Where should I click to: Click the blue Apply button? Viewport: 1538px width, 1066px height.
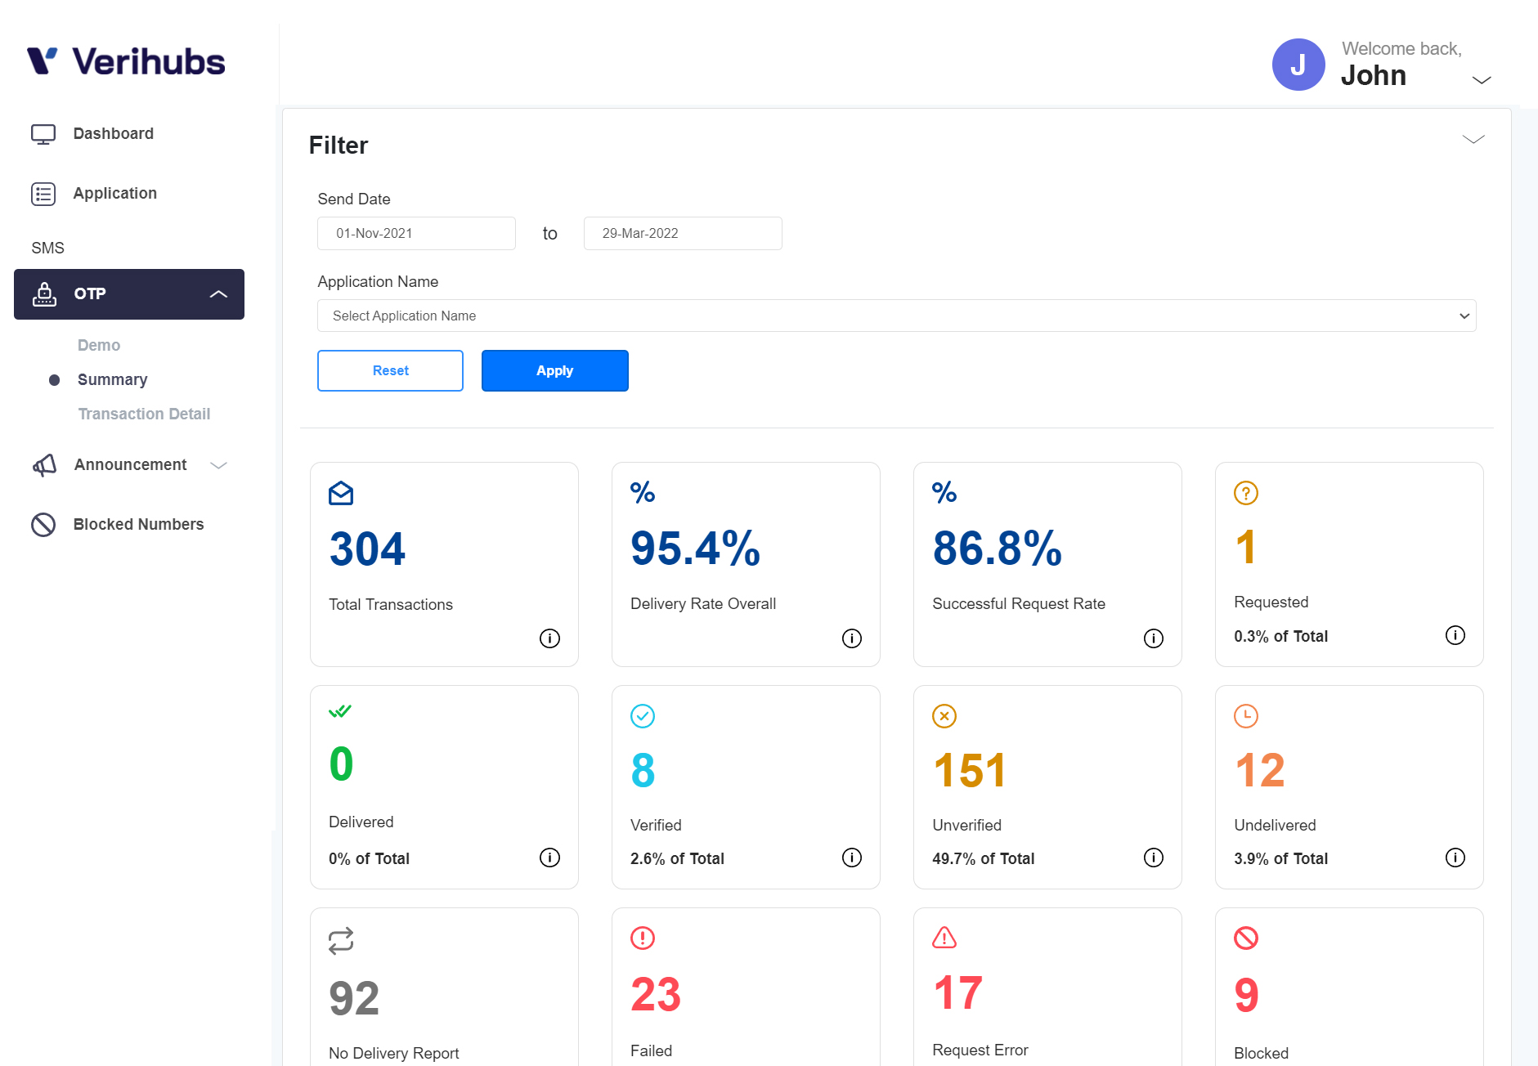tap(554, 370)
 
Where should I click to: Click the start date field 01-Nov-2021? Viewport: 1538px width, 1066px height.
tap(416, 233)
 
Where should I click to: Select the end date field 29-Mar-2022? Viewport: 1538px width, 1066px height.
tap(682, 233)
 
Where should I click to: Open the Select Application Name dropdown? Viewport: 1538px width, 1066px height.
tap(896, 316)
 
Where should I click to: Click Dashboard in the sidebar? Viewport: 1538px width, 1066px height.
tap(113, 133)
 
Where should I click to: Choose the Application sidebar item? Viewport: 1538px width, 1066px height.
tap(114, 193)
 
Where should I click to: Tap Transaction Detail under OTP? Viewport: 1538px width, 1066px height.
tap(144, 414)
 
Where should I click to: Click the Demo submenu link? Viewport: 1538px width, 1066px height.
tap(99, 345)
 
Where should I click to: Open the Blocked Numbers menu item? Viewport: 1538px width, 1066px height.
tap(138, 524)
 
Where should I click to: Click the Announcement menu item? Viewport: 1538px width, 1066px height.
tap(130, 464)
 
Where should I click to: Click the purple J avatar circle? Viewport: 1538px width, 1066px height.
tap(1298, 65)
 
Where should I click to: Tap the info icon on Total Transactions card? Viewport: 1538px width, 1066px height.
tap(549, 638)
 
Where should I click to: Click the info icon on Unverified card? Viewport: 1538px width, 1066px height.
tap(1153, 858)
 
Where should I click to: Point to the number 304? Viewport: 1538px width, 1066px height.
tap(367, 549)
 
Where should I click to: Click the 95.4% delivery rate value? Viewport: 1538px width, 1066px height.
tap(695, 549)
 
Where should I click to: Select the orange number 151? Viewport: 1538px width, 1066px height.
tap(970, 771)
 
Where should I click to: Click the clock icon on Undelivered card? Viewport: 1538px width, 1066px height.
tap(1245, 716)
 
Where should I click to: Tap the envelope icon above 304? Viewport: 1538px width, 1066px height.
tap(341, 493)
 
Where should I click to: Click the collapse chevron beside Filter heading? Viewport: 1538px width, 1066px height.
tap(1473, 140)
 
